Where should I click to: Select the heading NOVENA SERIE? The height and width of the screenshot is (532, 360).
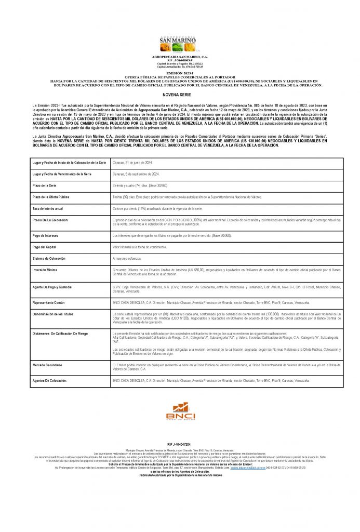(x=180, y=96)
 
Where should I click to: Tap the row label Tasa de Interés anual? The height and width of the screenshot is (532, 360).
(x=48, y=208)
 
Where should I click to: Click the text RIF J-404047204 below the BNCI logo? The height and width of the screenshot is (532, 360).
(x=180, y=445)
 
